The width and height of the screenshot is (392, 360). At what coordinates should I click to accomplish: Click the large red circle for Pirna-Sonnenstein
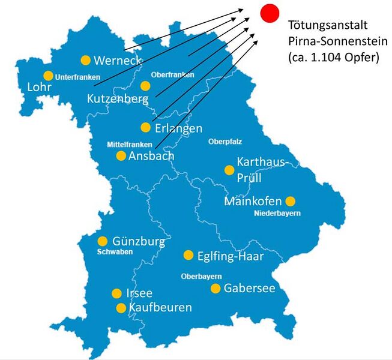tap(270, 12)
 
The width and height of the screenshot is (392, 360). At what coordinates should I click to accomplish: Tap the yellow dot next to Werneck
tap(85, 60)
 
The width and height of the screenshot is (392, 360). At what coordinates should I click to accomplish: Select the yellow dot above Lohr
tap(48, 76)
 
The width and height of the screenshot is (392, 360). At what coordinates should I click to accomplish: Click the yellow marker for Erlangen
tap(145, 127)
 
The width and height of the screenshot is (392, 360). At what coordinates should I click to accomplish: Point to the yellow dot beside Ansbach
tap(121, 156)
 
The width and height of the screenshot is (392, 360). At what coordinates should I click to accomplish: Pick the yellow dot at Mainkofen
tap(291, 201)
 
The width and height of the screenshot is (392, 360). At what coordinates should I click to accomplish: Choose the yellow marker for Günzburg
tap(103, 241)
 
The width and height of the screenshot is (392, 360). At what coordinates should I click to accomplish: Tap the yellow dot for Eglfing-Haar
tap(188, 255)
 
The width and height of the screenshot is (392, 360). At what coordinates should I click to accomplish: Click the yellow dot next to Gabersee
tap(215, 289)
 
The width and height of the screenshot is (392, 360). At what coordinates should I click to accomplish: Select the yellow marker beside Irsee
tap(116, 293)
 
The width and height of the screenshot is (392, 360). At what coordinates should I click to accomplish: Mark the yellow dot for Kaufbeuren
tap(121, 308)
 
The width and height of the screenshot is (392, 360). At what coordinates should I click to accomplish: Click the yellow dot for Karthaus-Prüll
tap(229, 170)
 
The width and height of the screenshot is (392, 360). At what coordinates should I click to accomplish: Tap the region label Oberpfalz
tap(224, 142)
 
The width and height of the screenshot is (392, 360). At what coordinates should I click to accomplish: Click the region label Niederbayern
tap(277, 213)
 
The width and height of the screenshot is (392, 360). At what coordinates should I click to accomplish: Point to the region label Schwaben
tap(114, 252)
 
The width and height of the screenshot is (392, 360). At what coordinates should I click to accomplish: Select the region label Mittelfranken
tap(129, 145)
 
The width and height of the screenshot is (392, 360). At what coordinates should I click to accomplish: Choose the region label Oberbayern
tap(201, 276)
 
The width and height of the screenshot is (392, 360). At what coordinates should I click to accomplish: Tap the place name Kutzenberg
tap(117, 98)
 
